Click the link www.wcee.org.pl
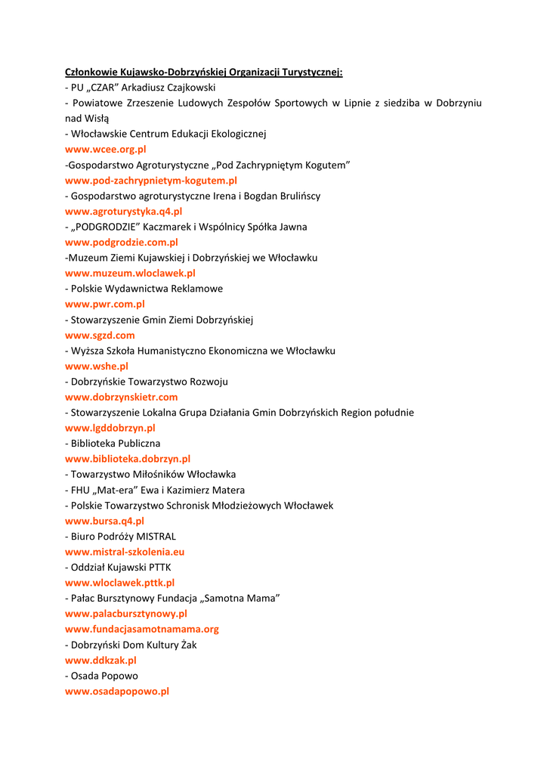point(105,150)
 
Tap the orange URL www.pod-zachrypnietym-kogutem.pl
point(151,181)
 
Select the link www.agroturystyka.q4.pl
point(123,212)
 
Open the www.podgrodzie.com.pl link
point(121,243)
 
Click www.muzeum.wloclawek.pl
point(130,274)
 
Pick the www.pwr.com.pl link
point(104,305)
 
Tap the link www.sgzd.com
point(100,336)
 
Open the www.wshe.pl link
point(97,367)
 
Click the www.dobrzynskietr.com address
point(121,398)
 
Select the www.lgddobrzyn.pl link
point(110,429)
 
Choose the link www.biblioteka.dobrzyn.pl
point(128,460)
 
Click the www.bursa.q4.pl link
point(104,522)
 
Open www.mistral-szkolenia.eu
point(125,553)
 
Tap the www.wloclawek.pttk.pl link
point(119,584)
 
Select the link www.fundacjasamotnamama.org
point(142,630)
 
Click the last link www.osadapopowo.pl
point(117,692)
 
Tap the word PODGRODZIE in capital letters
point(107,227)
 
